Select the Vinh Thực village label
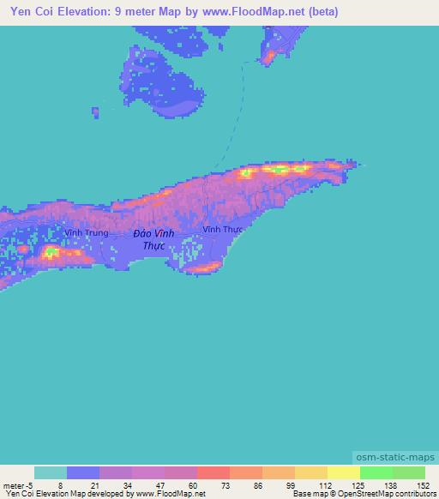223,229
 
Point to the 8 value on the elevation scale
60,486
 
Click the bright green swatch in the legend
376,472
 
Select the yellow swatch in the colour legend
344,472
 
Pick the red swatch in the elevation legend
213,472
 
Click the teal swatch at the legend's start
51,472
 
